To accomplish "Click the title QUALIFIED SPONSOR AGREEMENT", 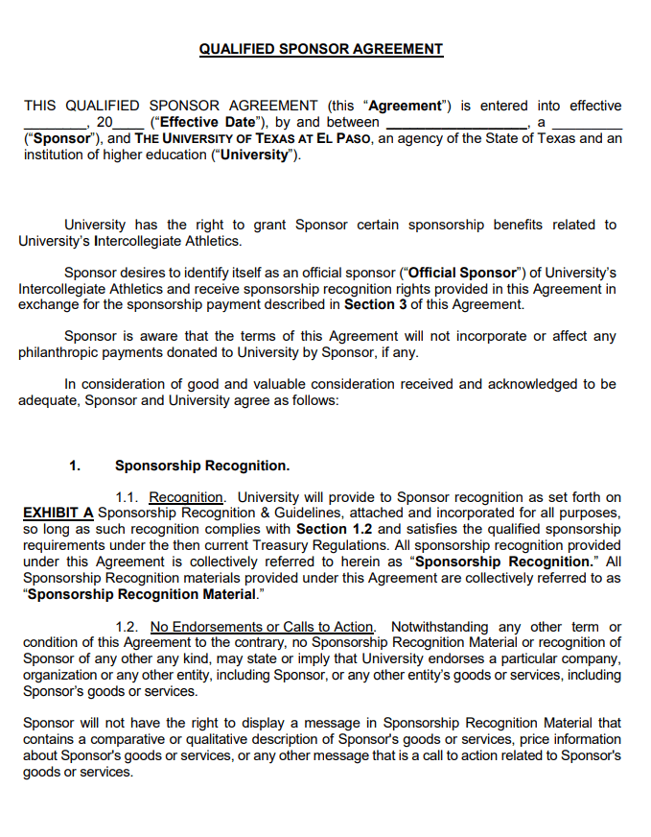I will [x=321, y=49].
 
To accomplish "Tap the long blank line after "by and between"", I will [x=456, y=123].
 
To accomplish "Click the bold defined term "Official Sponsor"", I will [x=463, y=273].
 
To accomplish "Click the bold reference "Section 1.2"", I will [x=336, y=529].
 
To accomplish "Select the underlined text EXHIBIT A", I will [x=58, y=513].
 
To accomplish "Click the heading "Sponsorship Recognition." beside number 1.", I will [x=201, y=466].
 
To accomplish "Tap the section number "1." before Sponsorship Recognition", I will [x=75, y=466].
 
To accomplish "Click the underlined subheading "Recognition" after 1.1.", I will [x=186, y=497].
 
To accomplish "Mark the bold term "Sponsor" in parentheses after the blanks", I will [x=58, y=138].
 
